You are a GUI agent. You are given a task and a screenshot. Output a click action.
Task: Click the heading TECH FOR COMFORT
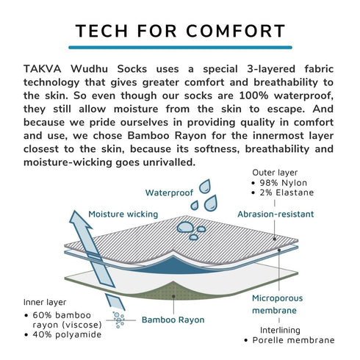(x=180, y=32)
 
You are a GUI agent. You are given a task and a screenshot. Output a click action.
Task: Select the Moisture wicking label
(x=123, y=214)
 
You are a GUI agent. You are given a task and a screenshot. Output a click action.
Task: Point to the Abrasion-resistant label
(x=276, y=214)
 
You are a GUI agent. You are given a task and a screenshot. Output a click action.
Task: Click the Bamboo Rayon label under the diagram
(x=173, y=320)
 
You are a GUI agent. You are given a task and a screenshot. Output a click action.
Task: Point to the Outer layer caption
(x=275, y=170)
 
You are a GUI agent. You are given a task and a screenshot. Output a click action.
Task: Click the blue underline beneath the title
(x=180, y=48)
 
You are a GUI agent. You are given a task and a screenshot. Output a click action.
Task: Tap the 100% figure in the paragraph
(x=248, y=94)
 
